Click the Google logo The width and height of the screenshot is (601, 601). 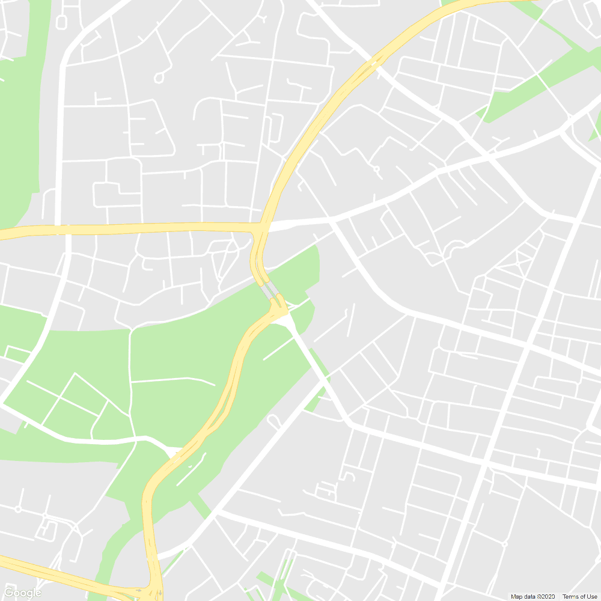(22, 593)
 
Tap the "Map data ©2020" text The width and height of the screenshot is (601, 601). (534, 597)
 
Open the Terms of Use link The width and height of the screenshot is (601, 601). (580, 597)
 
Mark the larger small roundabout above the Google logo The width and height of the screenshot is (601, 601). (17, 509)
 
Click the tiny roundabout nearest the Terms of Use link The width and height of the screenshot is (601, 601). (504, 544)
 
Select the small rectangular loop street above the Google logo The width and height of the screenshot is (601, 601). (45, 529)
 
